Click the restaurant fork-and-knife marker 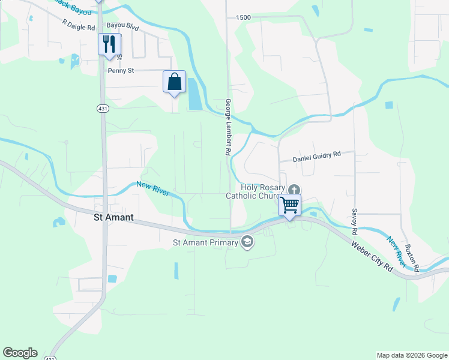pyautogui.click(x=109, y=44)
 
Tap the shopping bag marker pyautogui.click(x=174, y=82)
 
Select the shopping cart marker pyautogui.click(x=290, y=205)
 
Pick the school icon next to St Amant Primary pyautogui.click(x=247, y=242)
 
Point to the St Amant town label pyautogui.click(x=114, y=218)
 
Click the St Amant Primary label pyautogui.click(x=205, y=242)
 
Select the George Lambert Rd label pyautogui.click(x=228, y=127)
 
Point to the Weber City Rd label pyautogui.click(x=372, y=256)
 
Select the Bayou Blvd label pyautogui.click(x=122, y=27)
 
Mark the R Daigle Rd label pyautogui.click(x=79, y=24)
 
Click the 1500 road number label pyautogui.click(x=243, y=18)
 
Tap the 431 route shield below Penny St pyautogui.click(x=102, y=108)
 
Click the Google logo pyautogui.click(x=20, y=353)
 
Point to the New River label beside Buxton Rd pyautogui.click(x=398, y=252)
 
